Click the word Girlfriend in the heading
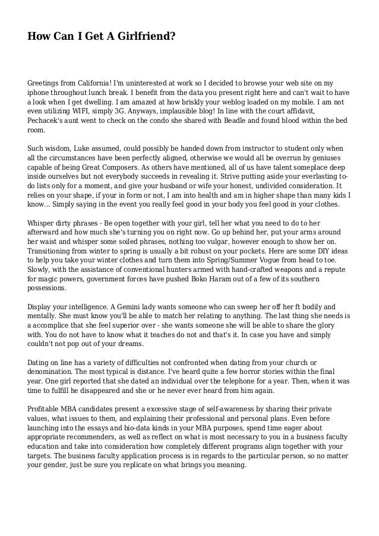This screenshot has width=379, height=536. (148, 37)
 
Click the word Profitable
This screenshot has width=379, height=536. (46, 410)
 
